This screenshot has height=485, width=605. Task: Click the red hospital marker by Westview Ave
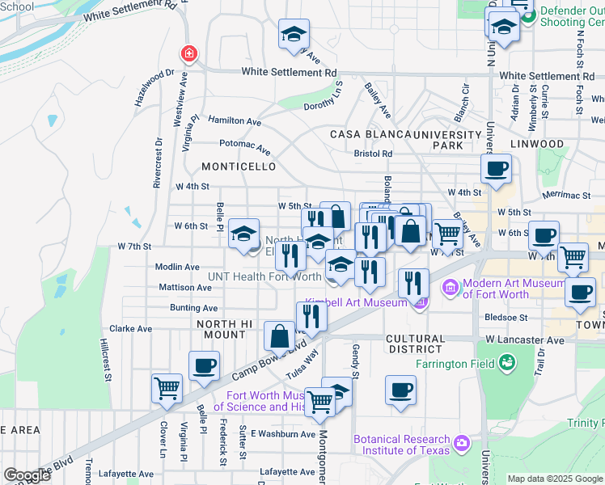(x=188, y=54)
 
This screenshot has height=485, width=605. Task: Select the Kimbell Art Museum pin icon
(x=419, y=303)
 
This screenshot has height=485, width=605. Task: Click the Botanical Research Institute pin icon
(x=461, y=442)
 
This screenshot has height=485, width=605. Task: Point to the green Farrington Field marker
(x=507, y=364)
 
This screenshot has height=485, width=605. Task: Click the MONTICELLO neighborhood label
(x=239, y=167)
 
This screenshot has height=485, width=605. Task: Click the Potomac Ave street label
(x=245, y=146)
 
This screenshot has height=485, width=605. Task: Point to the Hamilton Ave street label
(x=235, y=121)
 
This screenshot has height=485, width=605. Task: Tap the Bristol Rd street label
(x=373, y=154)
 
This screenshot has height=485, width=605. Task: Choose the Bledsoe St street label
(x=508, y=318)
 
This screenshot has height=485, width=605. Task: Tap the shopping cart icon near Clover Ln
(x=166, y=388)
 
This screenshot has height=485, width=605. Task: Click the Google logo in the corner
(x=27, y=475)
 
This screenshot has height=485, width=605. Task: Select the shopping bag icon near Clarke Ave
(x=279, y=335)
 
